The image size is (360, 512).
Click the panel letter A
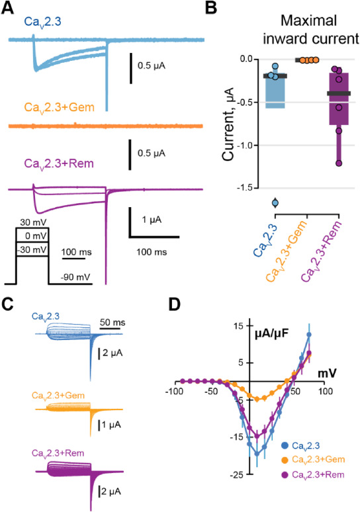point(7,8)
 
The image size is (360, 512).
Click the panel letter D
point(175,305)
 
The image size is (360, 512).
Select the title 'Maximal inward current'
point(310,30)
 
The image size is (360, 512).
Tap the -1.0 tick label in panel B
point(245,146)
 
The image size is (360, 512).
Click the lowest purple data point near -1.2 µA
point(339,163)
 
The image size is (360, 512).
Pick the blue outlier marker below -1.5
point(275,203)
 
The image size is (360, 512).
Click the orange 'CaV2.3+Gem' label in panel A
point(59,107)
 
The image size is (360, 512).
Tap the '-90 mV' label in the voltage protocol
point(75,277)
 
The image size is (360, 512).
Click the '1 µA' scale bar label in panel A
point(152,220)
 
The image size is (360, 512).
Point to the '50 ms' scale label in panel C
point(112,323)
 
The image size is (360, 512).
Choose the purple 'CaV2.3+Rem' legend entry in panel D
point(313,474)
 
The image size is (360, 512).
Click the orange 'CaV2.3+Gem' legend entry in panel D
point(313,460)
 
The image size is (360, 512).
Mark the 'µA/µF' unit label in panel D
point(272,333)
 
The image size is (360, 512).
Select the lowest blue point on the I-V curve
point(257,454)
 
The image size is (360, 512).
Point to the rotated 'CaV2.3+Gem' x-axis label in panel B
point(287,251)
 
